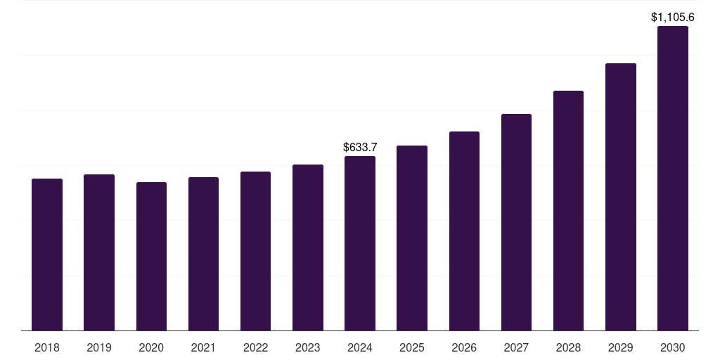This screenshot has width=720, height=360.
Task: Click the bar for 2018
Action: pyautogui.click(x=47, y=255)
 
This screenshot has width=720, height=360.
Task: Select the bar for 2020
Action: pyautogui.click(x=151, y=256)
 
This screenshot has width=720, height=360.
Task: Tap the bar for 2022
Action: pyautogui.click(x=255, y=251)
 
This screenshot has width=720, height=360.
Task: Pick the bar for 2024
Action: pyautogui.click(x=360, y=243)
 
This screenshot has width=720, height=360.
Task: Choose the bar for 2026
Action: pyautogui.click(x=464, y=231)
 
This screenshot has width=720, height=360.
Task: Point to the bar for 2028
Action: pyautogui.click(x=568, y=210)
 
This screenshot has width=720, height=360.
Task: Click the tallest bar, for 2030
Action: pyautogui.click(x=672, y=179)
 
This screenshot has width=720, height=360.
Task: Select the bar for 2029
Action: pyautogui.click(x=620, y=197)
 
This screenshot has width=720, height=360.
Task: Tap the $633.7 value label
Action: pyautogui.click(x=360, y=147)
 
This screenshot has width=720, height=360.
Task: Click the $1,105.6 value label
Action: pyautogui.click(x=672, y=17)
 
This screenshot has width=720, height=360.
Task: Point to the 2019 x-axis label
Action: pyautogui.click(x=99, y=347)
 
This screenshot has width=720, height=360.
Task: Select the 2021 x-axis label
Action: pyautogui.click(x=203, y=347)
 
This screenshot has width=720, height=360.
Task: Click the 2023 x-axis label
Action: pyautogui.click(x=307, y=347)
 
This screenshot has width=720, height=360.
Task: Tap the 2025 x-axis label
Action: pyautogui.click(x=412, y=347)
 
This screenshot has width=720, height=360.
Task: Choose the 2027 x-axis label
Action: pyautogui.click(x=516, y=347)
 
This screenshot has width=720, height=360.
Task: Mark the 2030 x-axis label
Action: pyautogui.click(x=672, y=347)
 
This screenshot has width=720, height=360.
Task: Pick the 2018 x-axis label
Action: pyautogui.click(x=47, y=347)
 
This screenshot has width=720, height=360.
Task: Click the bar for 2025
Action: pyautogui.click(x=412, y=238)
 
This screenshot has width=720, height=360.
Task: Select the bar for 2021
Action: pyautogui.click(x=203, y=254)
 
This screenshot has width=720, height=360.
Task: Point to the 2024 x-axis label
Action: pyautogui.click(x=360, y=347)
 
